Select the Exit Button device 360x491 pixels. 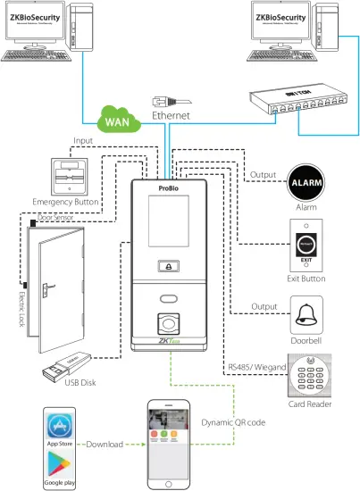(x=306, y=247)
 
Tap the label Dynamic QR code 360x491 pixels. (x=234, y=421)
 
